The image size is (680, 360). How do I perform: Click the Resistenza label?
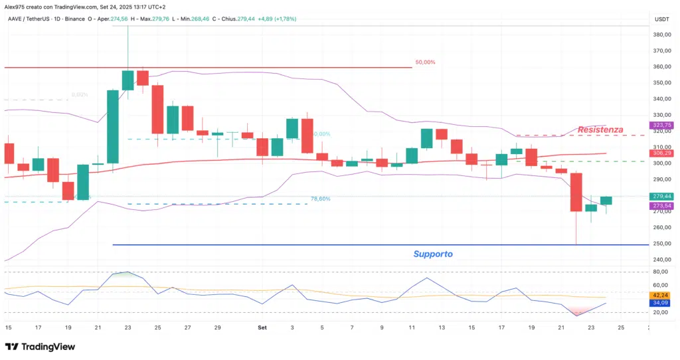[x=600, y=130]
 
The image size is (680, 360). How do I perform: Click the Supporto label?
[x=433, y=254]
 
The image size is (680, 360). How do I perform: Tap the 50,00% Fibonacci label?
[x=425, y=62]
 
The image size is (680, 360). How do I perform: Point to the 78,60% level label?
[x=320, y=199]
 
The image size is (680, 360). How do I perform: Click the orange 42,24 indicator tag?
[x=661, y=295]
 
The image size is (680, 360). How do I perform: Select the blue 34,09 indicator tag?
[x=661, y=304]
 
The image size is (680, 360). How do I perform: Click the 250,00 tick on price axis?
[x=661, y=244]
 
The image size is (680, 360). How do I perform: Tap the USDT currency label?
[x=661, y=19]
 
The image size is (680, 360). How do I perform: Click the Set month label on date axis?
[x=262, y=327]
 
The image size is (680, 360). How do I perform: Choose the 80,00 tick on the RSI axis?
[x=661, y=272]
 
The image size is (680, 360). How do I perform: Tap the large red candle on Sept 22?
[x=576, y=193]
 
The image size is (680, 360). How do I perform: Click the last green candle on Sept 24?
[x=606, y=201]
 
